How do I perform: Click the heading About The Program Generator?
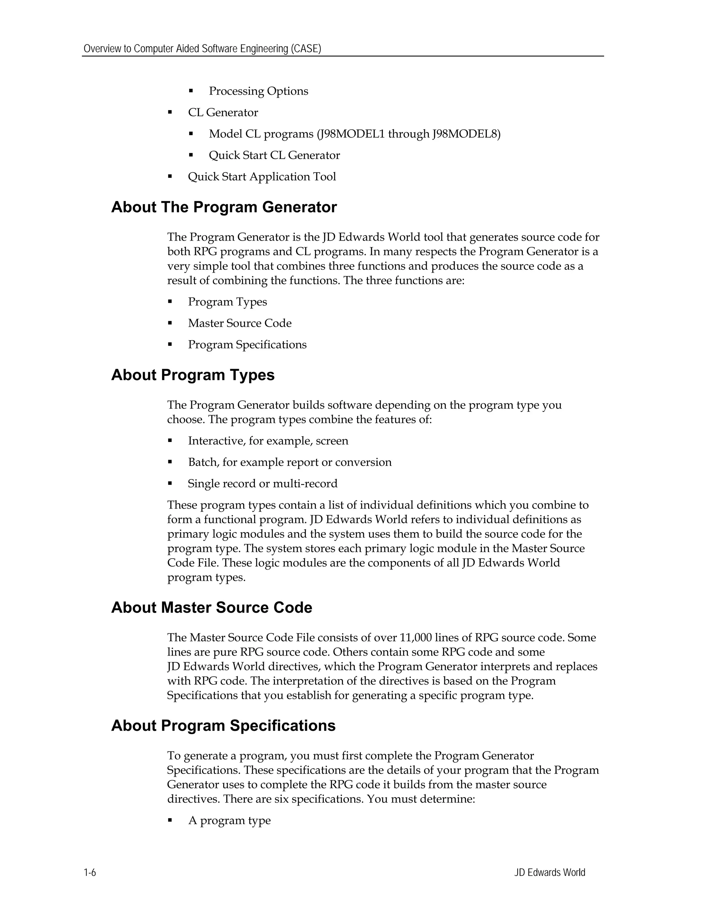224,207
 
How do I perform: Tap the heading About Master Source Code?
211,608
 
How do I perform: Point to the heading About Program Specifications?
223,725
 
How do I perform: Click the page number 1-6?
90,872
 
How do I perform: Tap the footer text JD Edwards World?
549,872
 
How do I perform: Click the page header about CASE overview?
202,49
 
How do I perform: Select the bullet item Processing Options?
258,91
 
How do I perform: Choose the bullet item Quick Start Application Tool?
261,176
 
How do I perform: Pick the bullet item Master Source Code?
240,323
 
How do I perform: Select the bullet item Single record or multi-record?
262,483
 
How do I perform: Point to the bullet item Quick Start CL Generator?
274,155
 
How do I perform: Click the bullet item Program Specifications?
247,345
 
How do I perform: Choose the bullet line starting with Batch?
290,462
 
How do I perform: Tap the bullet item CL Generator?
223,112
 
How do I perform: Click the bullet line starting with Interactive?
268,441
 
